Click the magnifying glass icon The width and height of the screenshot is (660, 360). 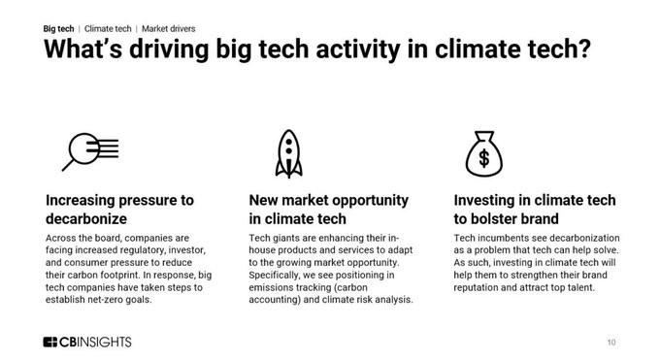(x=83, y=149)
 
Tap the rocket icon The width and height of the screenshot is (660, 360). (x=289, y=153)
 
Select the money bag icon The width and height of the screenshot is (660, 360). (x=484, y=153)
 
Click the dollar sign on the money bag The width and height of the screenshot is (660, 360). (x=484, y=158)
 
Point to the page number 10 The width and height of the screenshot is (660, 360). (x=611, y=343)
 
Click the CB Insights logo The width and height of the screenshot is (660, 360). (x=87, y=342)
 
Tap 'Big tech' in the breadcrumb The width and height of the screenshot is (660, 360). (x=58, y=29)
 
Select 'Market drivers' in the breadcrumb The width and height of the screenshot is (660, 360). (x=168, y=29)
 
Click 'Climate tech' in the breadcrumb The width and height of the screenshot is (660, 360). (x=108, y=29)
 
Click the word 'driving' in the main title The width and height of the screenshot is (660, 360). (x=169, y=49)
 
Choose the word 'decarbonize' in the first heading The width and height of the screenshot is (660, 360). (x=86, y=219)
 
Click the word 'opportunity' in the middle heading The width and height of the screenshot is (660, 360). (x=367, y=201)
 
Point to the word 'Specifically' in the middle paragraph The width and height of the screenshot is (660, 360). (x=273, y=276)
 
